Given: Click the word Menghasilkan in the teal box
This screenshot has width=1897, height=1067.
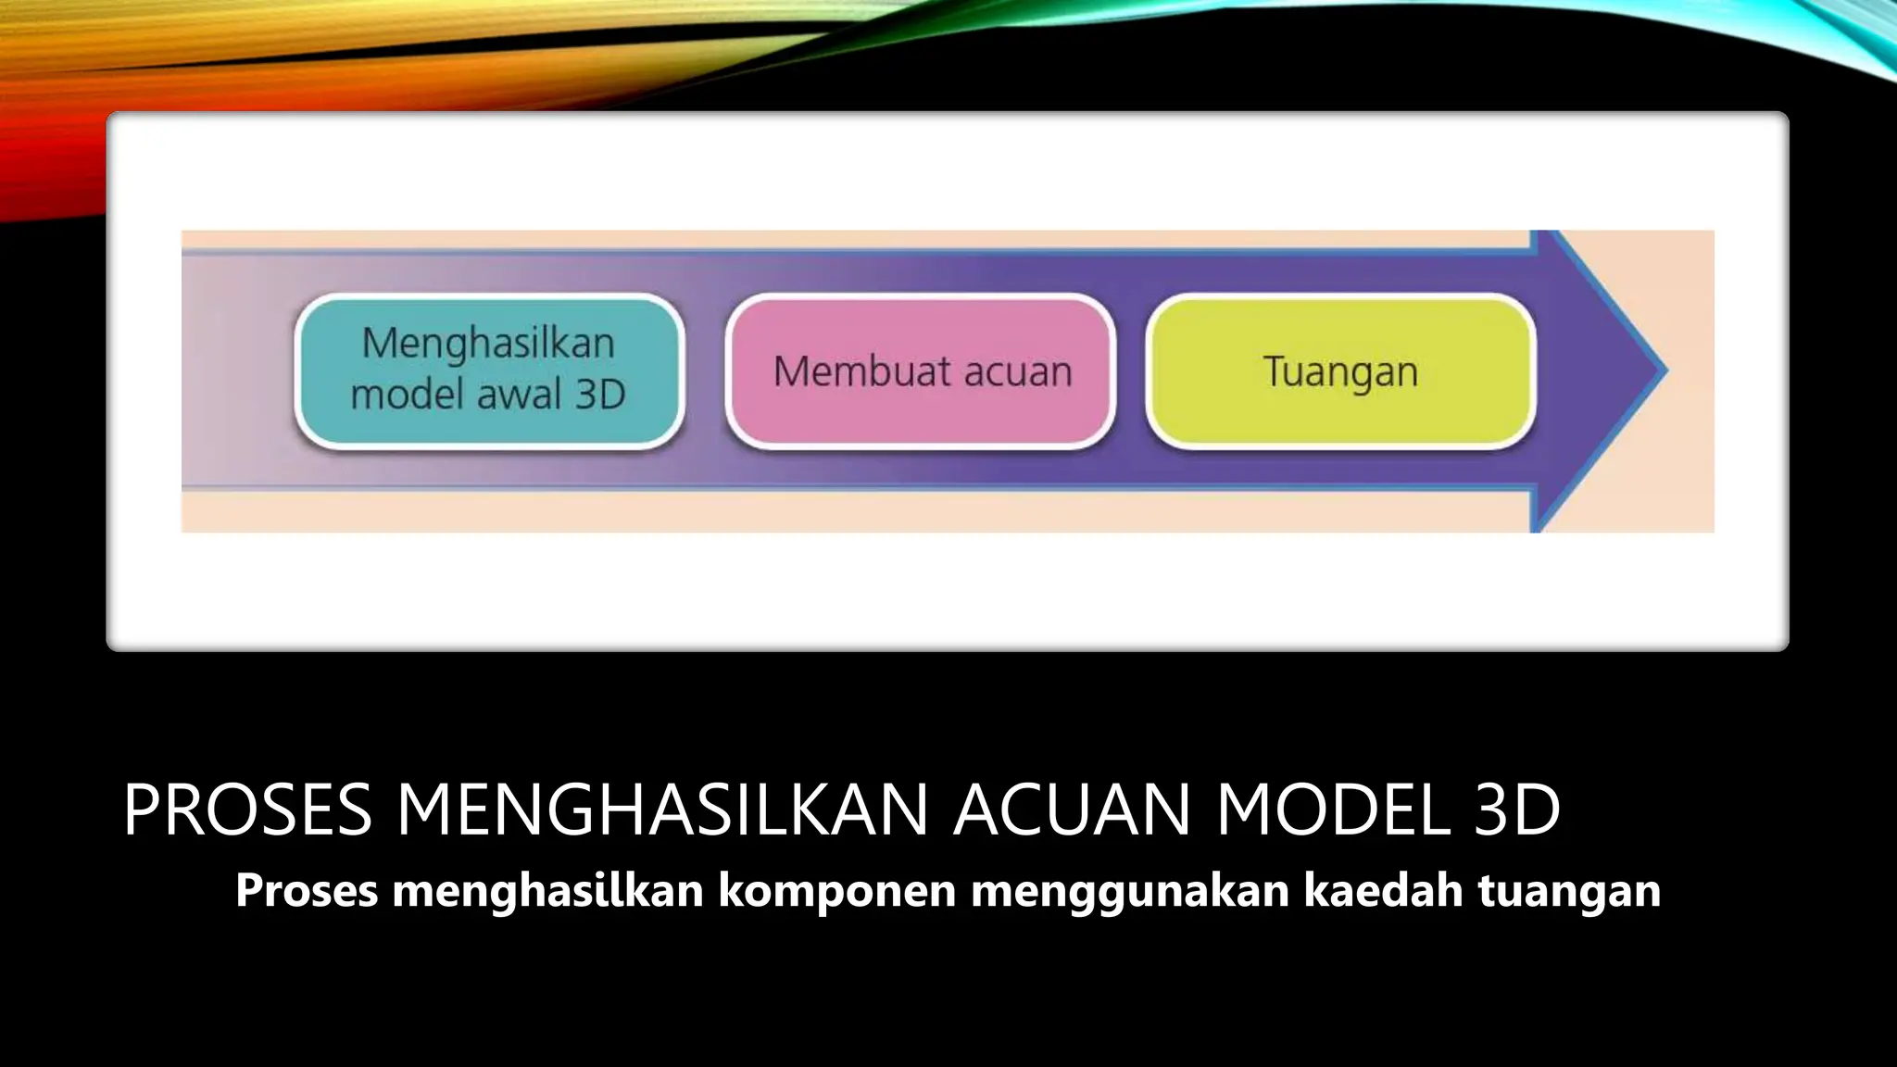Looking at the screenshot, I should click(x=488, y=344).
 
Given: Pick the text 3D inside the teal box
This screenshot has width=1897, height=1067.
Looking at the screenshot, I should click(x=600, y=395).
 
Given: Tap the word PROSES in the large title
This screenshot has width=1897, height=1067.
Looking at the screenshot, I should click(x=247, y=810).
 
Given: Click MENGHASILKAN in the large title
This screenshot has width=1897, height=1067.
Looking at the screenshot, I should click(x=662, y=810).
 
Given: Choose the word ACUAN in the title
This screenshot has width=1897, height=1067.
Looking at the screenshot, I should click(x=1072, y=810).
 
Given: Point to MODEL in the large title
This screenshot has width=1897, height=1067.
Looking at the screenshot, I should click(x=1333, y=810).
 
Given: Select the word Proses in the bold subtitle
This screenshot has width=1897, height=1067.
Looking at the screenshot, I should click(x=307, y=891).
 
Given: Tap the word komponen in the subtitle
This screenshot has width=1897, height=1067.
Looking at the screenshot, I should click(x=837, y=891).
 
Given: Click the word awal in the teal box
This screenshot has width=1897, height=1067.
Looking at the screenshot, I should click(x=520, y=395).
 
